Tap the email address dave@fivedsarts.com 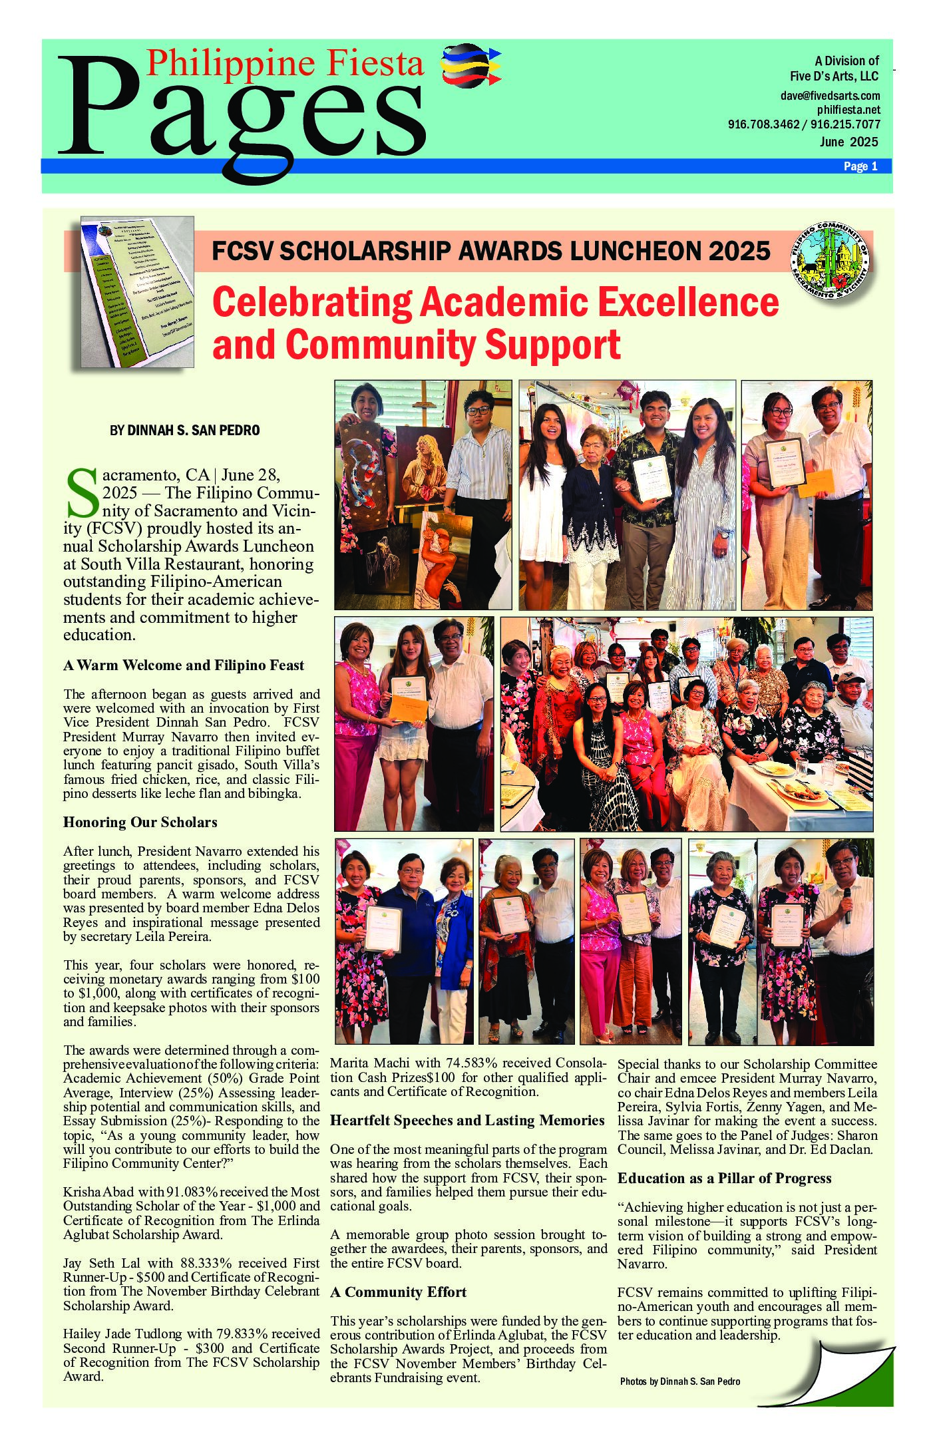(830, 96)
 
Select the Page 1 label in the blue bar (860, 166)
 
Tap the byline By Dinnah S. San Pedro (184, 431)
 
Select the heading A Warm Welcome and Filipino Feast (183, 665)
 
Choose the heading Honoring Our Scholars (140, 822)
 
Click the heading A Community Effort (398, 1292)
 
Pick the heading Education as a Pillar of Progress (724, 1178)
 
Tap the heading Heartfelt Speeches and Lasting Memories (467, 1121)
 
